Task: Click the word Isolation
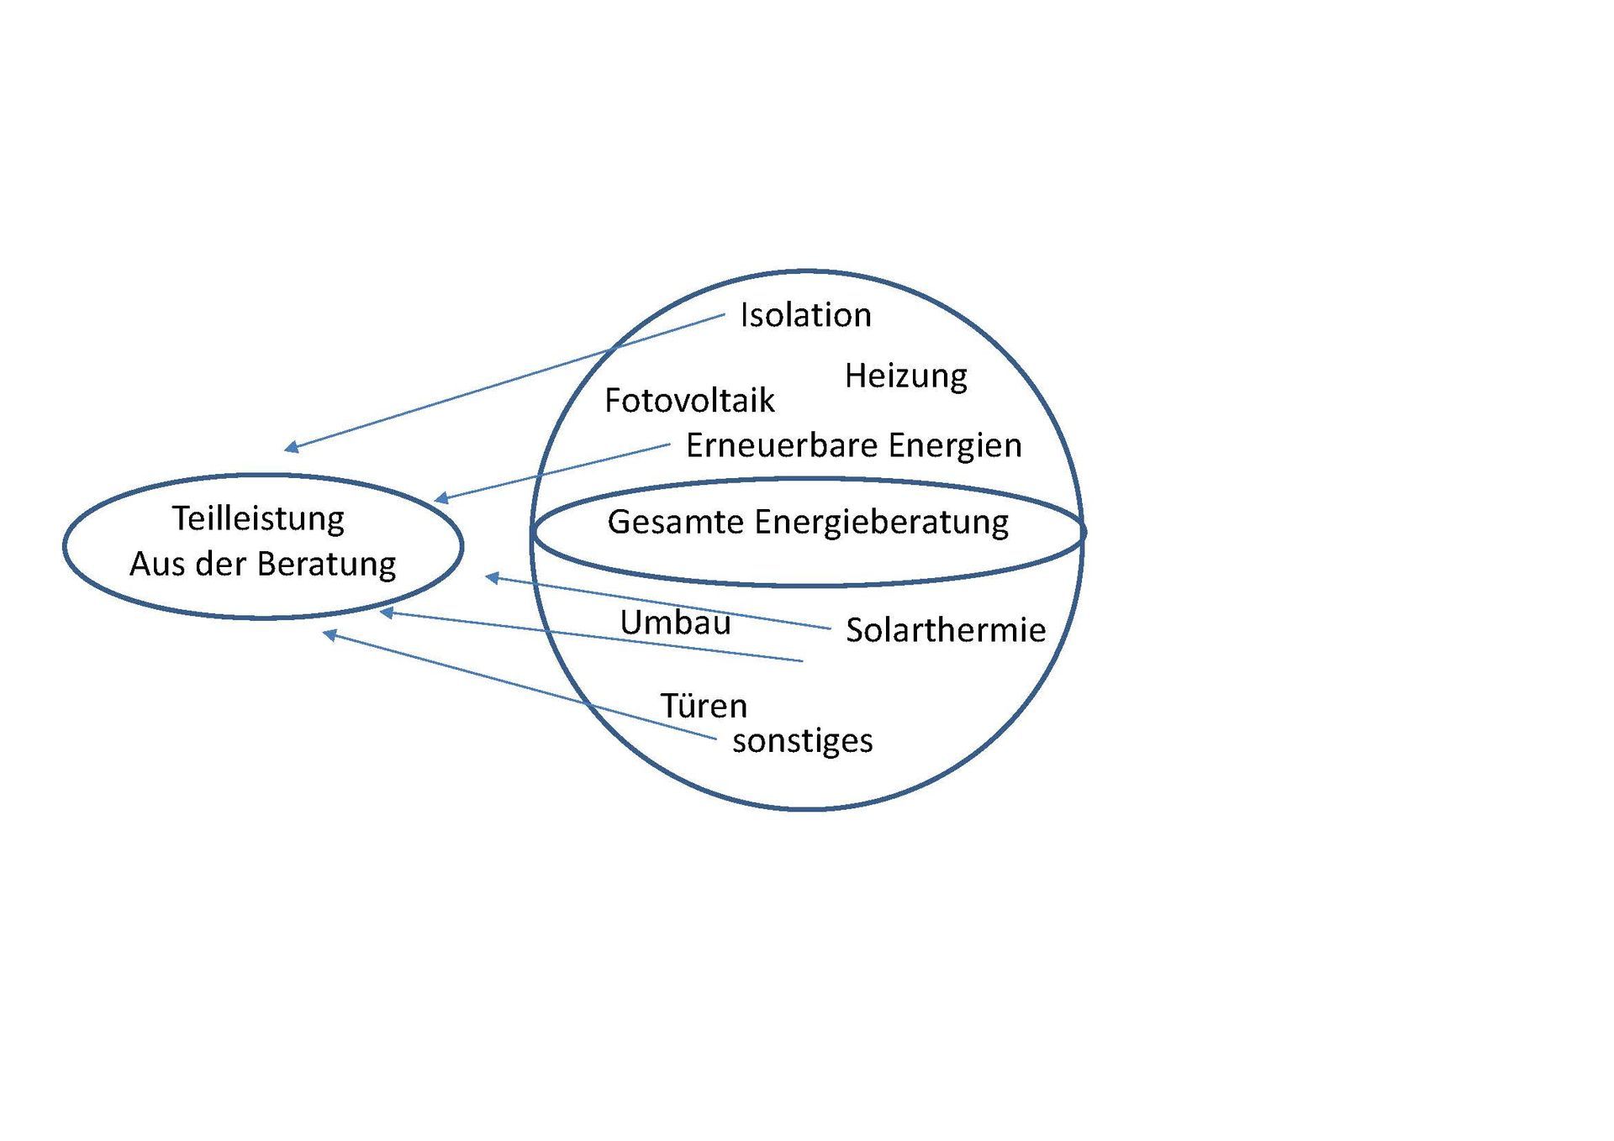click(805, 315)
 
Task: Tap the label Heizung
click(905, 376)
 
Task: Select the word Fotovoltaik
click(689, 401)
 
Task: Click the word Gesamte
click(675, 522)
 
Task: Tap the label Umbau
click(675, 623)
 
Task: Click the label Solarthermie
click(946, 630)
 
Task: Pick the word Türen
click(704, 706)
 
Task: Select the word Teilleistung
click(258, 519)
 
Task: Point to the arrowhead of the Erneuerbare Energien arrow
click(441, 498)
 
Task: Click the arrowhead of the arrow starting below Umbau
click(388, 613)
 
